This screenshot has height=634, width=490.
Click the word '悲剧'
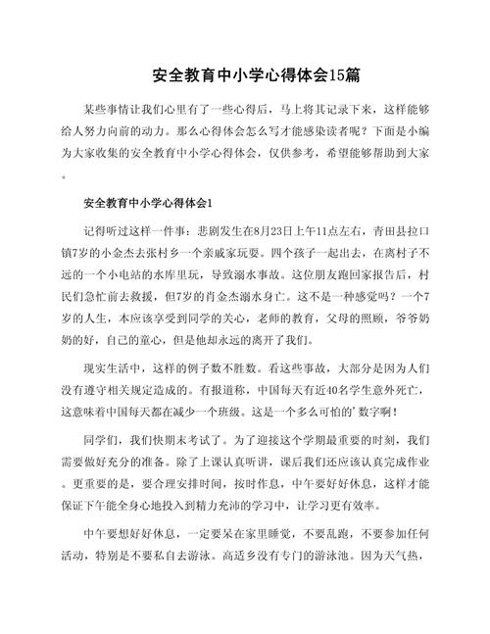click(189, 232)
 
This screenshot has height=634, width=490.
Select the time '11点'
click(324, 232)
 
